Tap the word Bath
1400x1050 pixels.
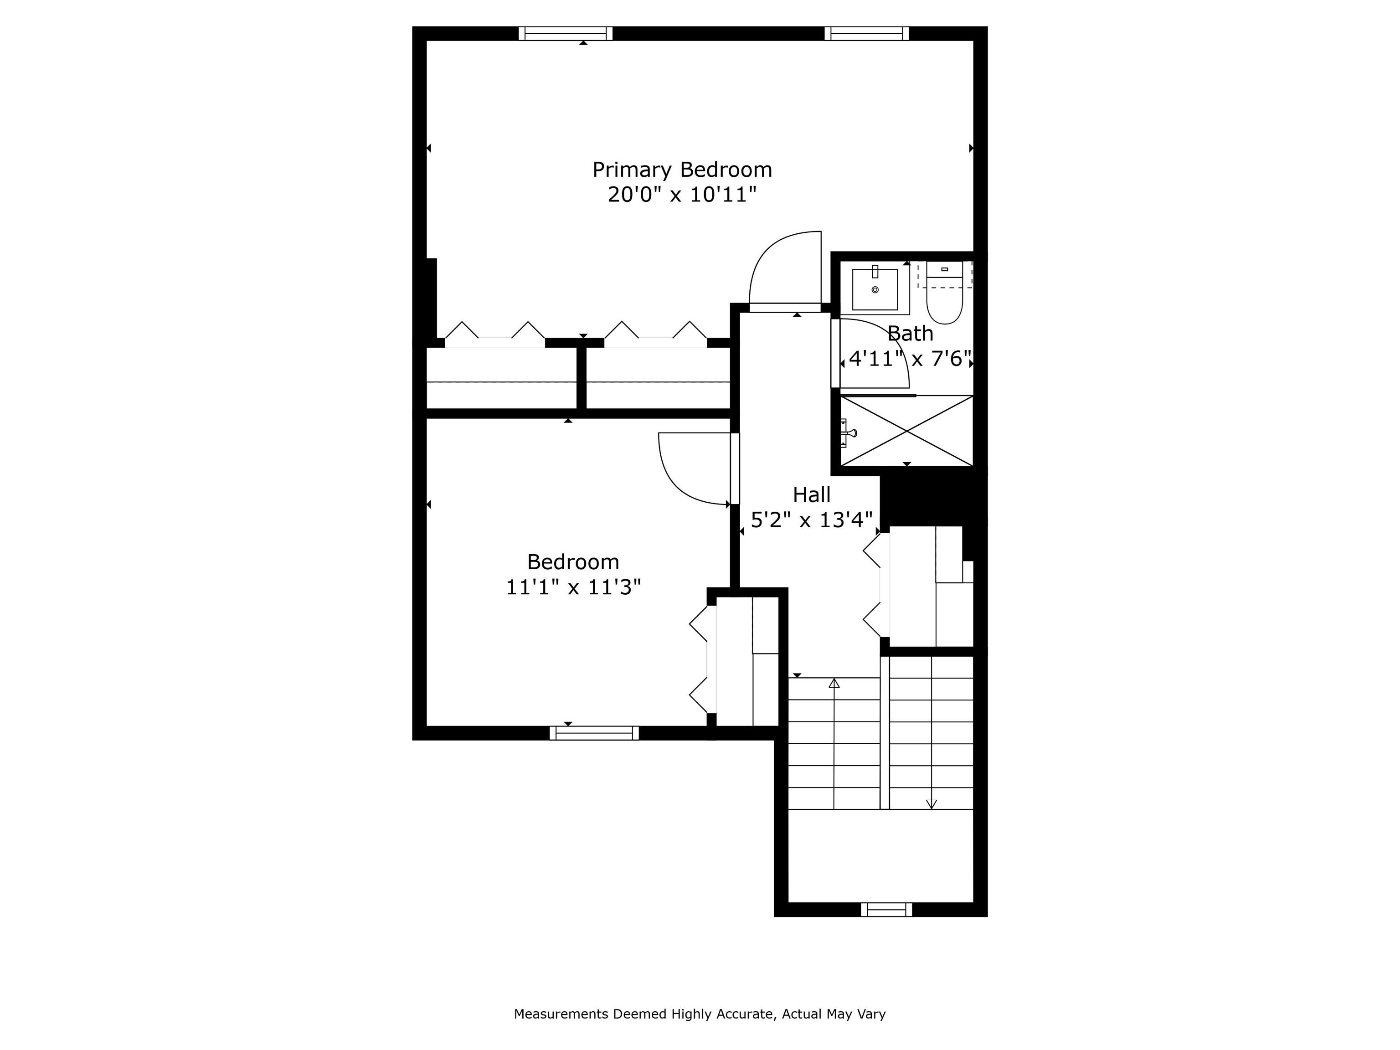[910, 334]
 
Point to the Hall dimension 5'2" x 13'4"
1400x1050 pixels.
[811, 520]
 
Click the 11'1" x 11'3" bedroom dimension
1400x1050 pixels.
[573, 587]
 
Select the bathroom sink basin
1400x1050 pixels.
[875, 290]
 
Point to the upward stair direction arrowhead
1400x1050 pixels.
[834, 684]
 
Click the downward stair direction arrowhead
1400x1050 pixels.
[931, 804]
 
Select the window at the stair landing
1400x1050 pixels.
[886, 910]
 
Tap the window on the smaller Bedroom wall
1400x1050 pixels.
[594, 733]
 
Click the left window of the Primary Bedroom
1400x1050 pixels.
[565, 34]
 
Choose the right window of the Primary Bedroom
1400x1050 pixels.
[866, 34]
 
